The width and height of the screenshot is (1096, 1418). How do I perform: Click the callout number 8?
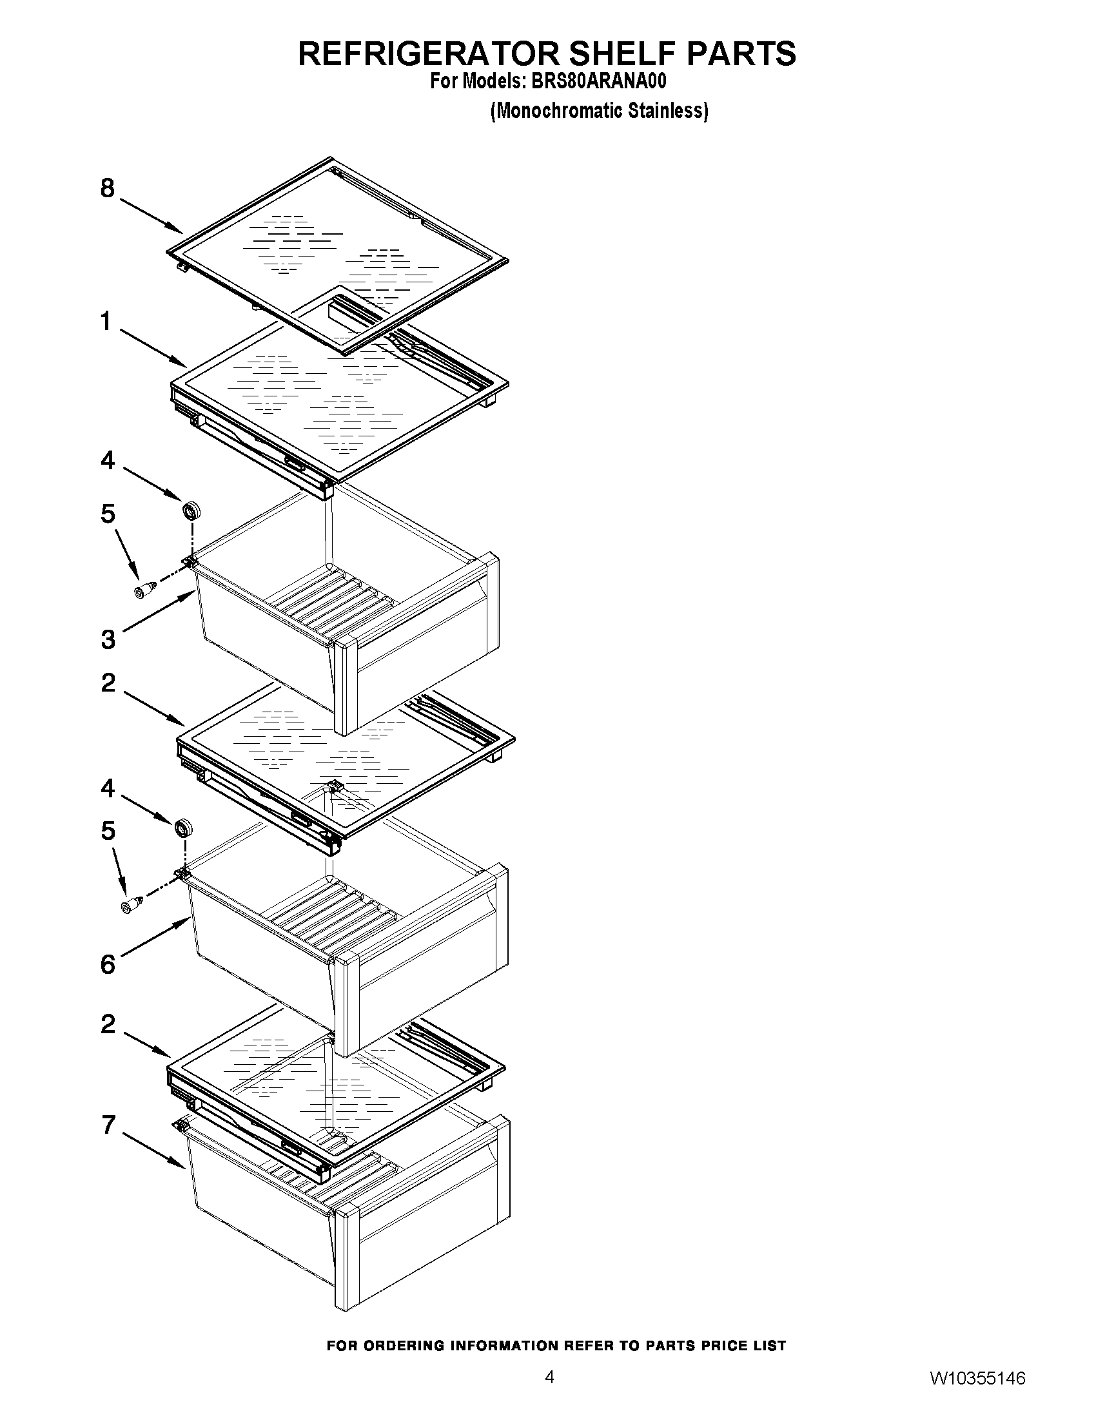coord(108,189)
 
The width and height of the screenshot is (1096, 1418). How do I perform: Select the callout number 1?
coord(106,322)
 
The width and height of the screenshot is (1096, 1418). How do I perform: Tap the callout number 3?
coord(108,639)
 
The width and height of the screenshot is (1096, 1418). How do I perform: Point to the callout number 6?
coord(108,964)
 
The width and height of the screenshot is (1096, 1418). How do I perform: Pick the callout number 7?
coord(108,1125)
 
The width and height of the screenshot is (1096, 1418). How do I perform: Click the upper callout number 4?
coord(108,460)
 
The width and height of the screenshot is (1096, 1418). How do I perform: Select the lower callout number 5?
coord(108,831)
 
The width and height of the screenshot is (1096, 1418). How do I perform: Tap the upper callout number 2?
coord(108,683)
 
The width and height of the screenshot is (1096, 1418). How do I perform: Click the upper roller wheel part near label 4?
coord(191,510)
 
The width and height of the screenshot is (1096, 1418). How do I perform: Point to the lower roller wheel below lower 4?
coord(184,828)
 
